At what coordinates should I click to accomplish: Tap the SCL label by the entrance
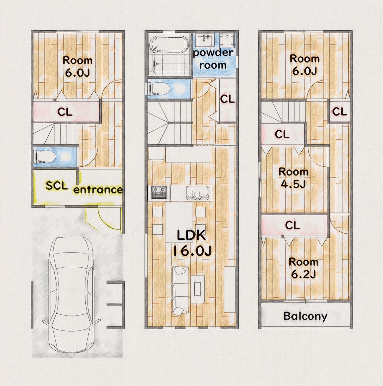click(57, 185)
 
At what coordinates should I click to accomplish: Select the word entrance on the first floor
click(98, 190)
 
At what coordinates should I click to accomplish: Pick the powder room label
click(213, 59)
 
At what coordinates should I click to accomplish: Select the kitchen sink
click(198, 193)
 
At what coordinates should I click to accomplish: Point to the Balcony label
click(305, 316)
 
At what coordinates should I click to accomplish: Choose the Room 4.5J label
click(293, 178)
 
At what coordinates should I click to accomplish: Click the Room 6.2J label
click(303, 268)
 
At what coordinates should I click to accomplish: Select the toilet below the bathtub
click(159, 89)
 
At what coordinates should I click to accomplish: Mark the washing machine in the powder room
click(227, 40)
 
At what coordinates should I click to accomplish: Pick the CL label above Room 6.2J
click(292, 225)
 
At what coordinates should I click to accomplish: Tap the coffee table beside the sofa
click(197, 289)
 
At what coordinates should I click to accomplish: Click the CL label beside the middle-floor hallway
click(227, 99)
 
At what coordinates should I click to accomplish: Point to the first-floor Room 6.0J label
click(77, 67)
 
